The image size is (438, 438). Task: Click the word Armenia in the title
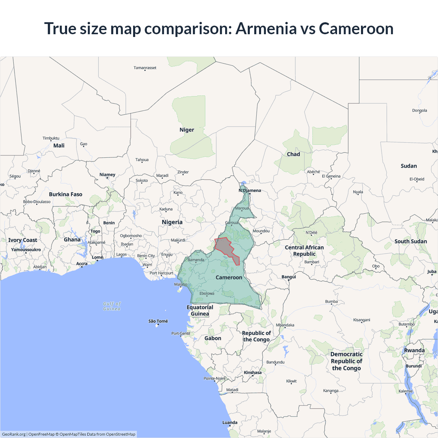point(266,28)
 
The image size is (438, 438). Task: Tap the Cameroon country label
point(229,278)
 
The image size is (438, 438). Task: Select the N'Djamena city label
point(250,191)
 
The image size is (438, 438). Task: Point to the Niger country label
point(186,130)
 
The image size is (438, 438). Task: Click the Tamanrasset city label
point(145,68)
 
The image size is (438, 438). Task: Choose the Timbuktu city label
point(51,138)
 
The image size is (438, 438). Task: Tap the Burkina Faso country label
point(65,194)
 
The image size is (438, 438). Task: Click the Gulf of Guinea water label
point(112,306)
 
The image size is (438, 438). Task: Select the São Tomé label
point(158,321)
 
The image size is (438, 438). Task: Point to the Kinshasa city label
point(253,373)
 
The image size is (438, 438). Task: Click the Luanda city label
point(230,423)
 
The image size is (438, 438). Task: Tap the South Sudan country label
point(410,242)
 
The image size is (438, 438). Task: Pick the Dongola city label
point(419,111)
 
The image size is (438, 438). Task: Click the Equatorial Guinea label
point(200,310)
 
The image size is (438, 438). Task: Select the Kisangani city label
point(361,320)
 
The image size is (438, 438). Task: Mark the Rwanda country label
point(414,350)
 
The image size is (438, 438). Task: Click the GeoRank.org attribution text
point(14,434)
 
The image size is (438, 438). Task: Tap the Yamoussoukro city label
point(26,250)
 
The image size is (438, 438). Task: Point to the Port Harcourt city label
point(161,273)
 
